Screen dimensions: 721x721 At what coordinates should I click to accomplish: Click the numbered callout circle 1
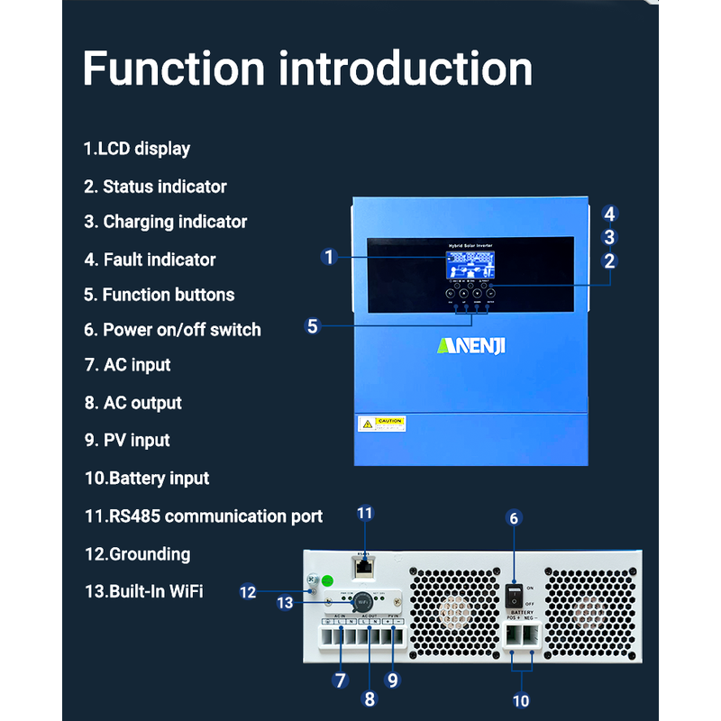[329, 257]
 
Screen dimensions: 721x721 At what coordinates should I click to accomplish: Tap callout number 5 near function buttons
[313, 326]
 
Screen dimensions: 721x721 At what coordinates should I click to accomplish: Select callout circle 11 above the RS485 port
[364, 513]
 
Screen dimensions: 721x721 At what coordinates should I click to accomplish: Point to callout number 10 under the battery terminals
[521, 700]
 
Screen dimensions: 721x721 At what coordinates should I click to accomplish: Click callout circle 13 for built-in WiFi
[286, 603]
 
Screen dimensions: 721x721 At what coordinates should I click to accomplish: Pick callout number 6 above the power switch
[514, 518]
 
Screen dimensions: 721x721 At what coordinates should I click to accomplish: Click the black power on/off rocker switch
[513, 594]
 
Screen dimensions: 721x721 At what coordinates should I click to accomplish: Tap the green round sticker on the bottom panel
[329, 581]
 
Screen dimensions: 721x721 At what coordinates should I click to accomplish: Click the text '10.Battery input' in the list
[147, 479]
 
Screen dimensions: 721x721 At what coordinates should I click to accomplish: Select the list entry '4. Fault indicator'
[150, 260]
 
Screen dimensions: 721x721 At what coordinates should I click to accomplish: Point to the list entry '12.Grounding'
[137, 554]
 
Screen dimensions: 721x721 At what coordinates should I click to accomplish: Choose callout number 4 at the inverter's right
[610, 214]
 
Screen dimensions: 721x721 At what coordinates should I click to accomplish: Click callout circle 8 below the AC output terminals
[369, 698]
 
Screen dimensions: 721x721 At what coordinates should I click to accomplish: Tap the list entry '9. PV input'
[127, 441]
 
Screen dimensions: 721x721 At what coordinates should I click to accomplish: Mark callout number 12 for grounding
[248, 592]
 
